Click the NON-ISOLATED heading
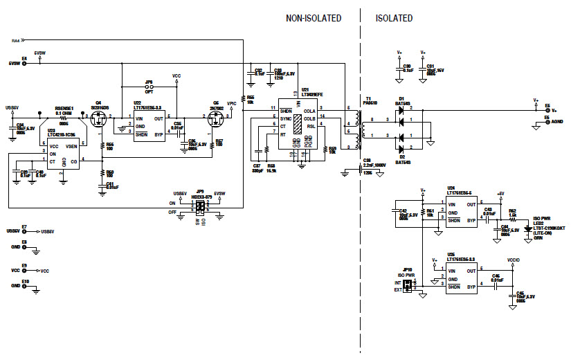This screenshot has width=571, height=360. [314, 18]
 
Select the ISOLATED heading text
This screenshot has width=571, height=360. [395, 18]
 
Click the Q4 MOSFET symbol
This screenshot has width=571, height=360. [99, 122]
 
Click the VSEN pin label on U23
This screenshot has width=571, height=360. [71, 147]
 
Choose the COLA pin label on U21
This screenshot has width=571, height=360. [309, 110]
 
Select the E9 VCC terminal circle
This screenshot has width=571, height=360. [25, 270]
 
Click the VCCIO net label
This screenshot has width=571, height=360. [513, 260]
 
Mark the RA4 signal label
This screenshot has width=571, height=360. [16, 42]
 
